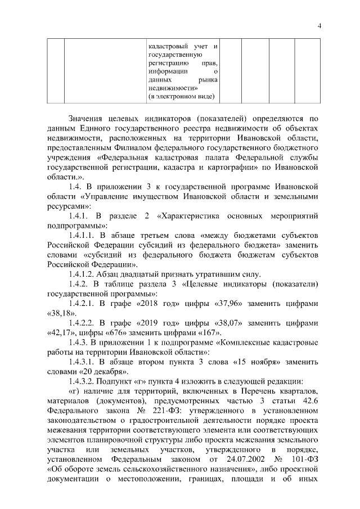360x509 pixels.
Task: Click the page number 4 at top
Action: (x=319, y=25)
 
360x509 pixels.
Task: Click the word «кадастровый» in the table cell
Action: (x=166, y=46)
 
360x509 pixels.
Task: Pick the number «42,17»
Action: (x=58, y=335)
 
